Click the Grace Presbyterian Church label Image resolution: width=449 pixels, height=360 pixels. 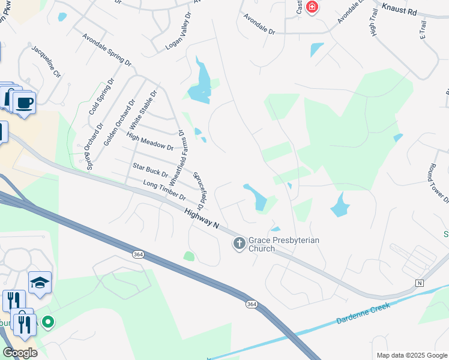pos(284,244)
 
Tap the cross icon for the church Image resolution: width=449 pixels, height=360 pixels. pos(239,244)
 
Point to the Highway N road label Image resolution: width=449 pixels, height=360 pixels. pos(202,218)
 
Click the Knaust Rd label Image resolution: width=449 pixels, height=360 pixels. pos(399,8)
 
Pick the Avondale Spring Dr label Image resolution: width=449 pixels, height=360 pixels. pos(107,50)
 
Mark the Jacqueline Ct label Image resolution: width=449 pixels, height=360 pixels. pos(46,62)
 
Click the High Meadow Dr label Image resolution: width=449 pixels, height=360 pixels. pos(150,142)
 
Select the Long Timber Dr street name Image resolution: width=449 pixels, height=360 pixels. pos(164,190)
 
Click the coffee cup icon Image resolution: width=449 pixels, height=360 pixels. pos(25,103)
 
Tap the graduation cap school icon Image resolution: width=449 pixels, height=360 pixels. pos(40,283)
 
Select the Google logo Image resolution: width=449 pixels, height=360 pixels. pos(20,352)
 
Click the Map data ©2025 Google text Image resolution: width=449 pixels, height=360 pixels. pos(411,355)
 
